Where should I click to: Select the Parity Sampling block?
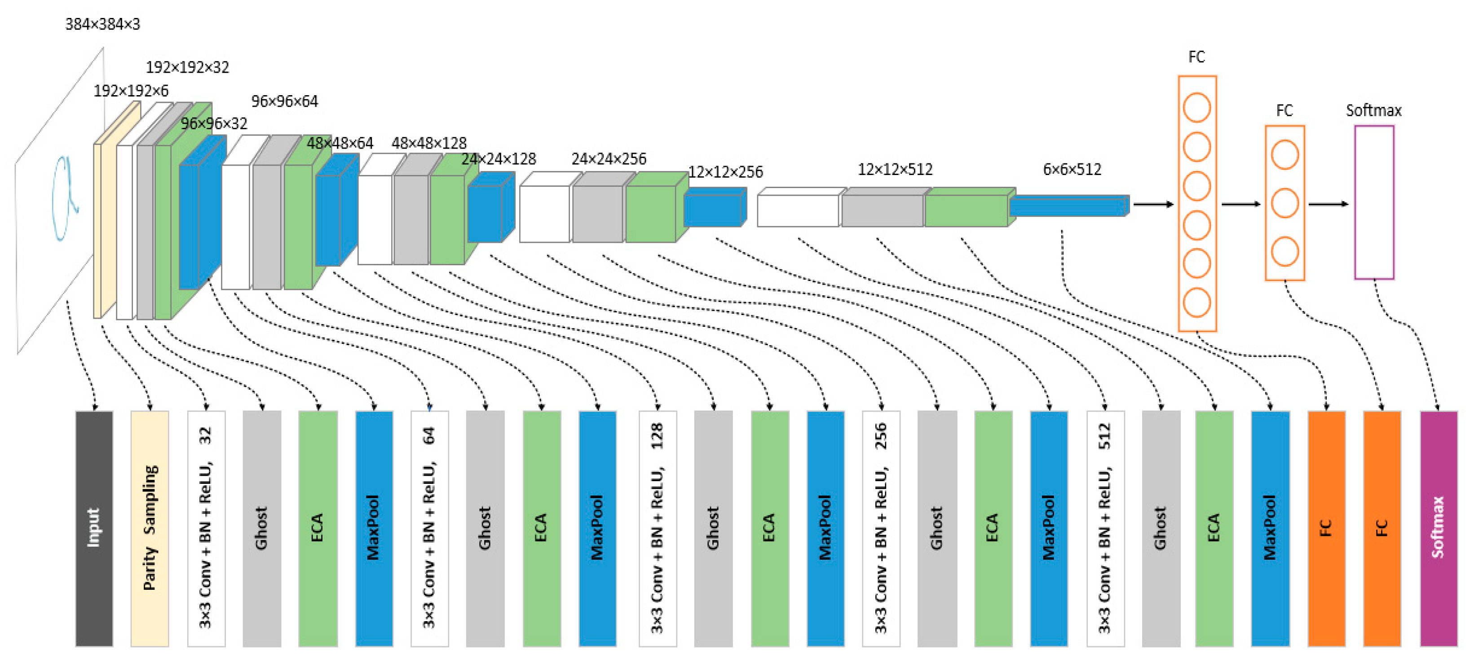click(x=150, y=528)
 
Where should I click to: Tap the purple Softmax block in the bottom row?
click(x=1438, y=528)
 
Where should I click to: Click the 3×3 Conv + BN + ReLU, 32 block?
click(x=206, y=528)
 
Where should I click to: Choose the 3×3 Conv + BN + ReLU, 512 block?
click(x=1105, y=528)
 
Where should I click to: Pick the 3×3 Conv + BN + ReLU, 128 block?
click(x=658, y=528)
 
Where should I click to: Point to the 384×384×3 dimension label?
click(x=103, y=24)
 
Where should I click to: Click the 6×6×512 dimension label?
click(x=1072, y=169)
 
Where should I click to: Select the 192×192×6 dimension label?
click(x=131, y=91)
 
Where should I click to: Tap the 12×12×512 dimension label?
click(x=895, y=169)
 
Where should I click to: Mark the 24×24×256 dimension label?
click(x=609, y=159)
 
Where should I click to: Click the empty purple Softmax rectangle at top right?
click(x=1374, y=202)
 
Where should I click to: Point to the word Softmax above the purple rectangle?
click(x=1373, y=110)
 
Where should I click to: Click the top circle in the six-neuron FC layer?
click(x=1196, y=108)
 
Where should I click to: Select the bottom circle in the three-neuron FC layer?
click(x=1285, y=251)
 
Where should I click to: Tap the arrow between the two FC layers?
click(x=1240, y=204)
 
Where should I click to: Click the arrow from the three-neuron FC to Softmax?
click(x=1328, y=204)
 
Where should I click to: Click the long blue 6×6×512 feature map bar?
click(x=1068, y=206)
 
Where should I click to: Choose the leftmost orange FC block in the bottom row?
click(x=1326, y=528)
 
